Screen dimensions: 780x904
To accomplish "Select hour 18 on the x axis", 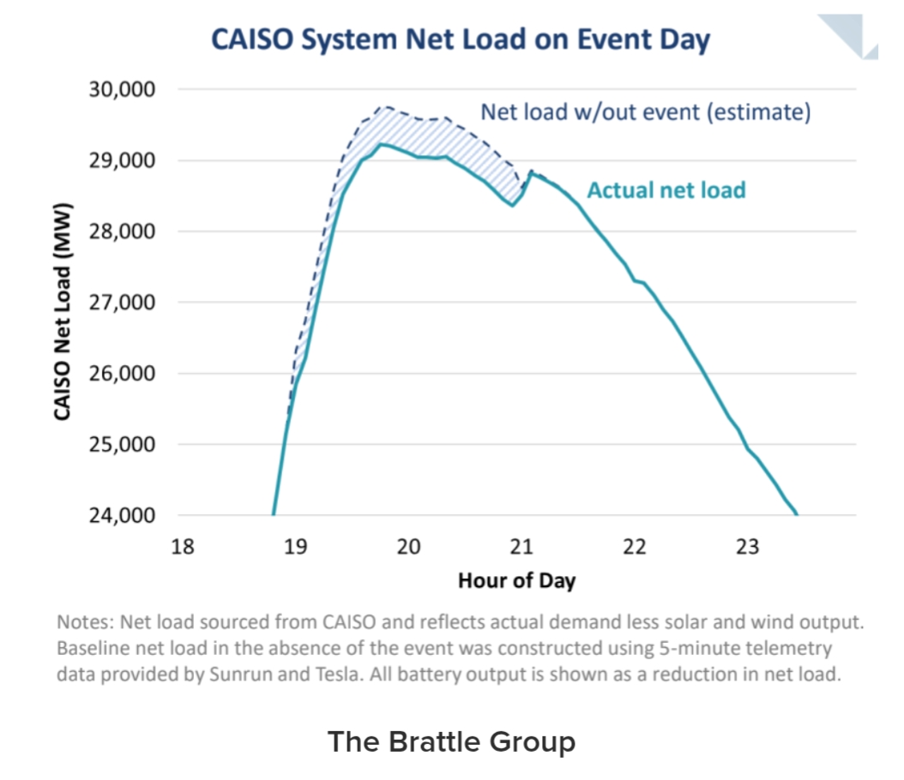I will coord(183,547).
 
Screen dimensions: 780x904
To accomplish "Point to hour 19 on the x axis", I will coord(296,547).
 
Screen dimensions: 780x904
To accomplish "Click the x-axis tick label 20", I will coord(408,547).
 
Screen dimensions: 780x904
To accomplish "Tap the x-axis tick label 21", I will coord(521,547).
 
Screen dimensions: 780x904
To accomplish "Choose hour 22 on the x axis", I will coord(635,547).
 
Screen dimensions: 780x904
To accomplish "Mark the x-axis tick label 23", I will coord(747,547).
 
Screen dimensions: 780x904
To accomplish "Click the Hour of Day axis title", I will coord(516,580).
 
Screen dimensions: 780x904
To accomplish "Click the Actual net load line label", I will coord(666,189).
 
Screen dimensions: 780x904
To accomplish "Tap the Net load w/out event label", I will coord(645,112).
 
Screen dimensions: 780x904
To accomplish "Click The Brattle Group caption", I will coord(451,741).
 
